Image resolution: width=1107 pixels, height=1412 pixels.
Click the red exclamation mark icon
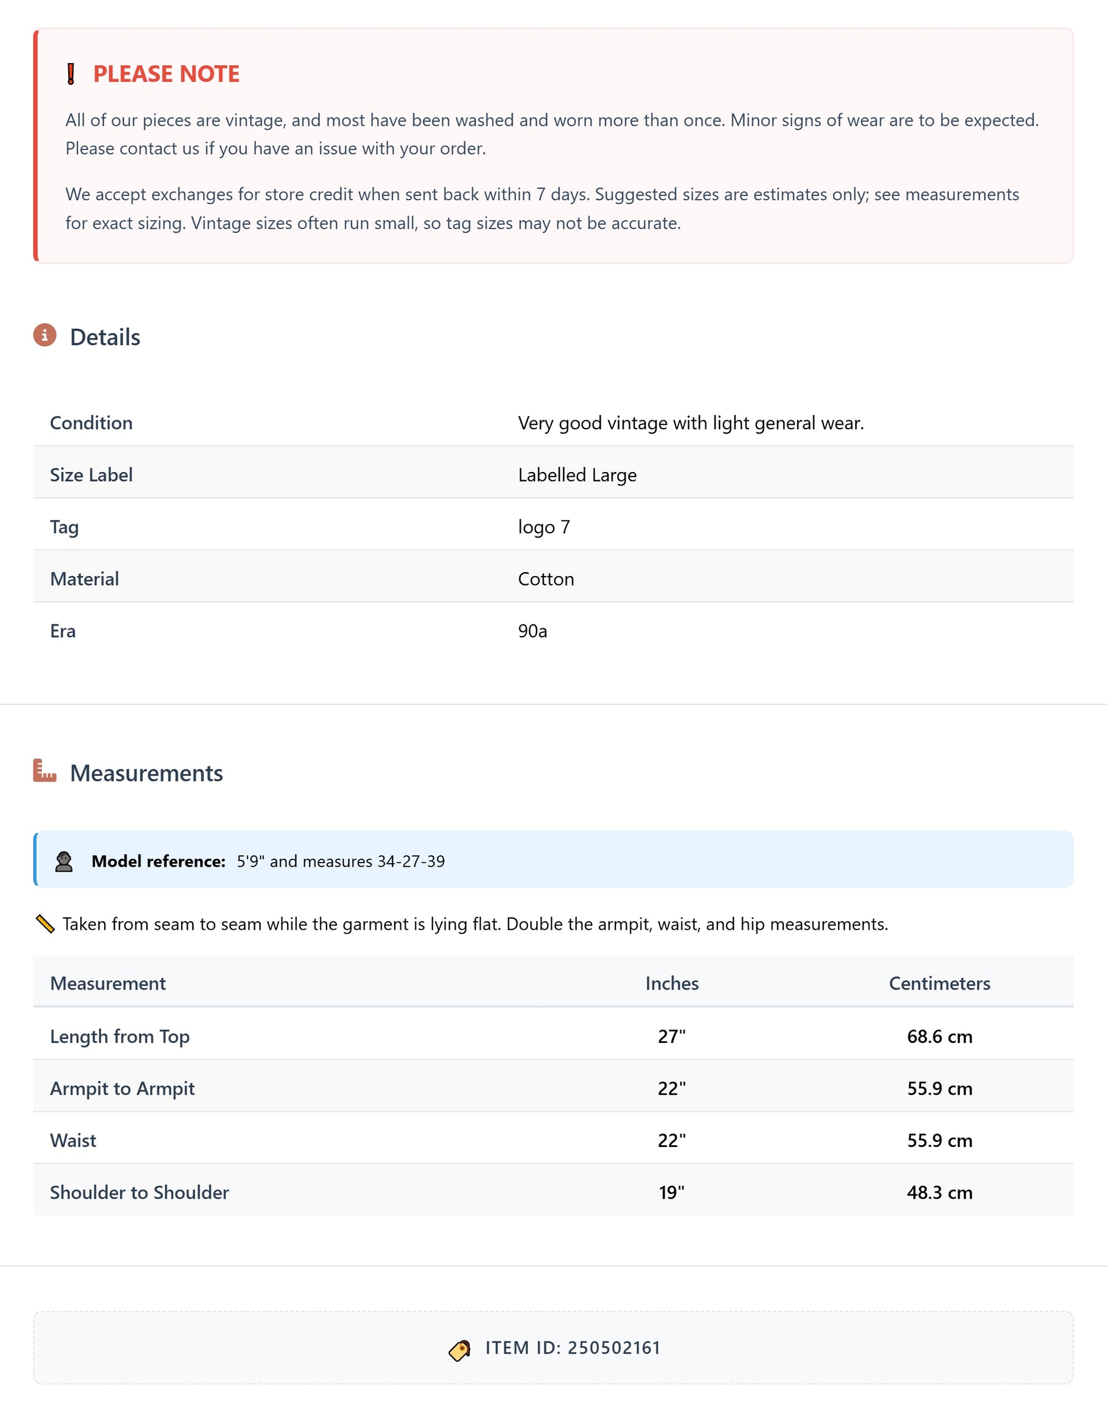click(x=71, y=74)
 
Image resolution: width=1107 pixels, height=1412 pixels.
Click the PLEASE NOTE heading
click(x=166, y=74)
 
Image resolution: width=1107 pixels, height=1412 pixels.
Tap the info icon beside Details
click(x=45, y=335)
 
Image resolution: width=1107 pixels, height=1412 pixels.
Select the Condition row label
click(x=92, y=423)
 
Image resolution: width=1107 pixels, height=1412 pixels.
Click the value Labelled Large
click(x=577, y=475)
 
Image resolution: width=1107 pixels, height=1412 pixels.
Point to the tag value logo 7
click(x=543, y=527)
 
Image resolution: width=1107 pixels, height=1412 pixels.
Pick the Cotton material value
click(x=546, y=579)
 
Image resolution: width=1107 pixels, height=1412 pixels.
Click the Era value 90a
click(x=532, y=631)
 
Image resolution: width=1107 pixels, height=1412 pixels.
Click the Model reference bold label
click(x=158, y=861)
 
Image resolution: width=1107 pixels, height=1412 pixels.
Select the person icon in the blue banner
click(x=64, y=861)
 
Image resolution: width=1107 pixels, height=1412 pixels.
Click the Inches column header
click(x=671, y=983)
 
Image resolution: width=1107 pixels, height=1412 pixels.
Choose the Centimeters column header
click(x=939, y=983)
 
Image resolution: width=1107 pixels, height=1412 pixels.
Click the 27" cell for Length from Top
click(x=671, y=1036)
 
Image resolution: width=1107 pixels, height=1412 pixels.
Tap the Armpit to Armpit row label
click(x=122, y=1088)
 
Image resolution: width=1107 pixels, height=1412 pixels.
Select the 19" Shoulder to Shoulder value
click(x=671, y=1192)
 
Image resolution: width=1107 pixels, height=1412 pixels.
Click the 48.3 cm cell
click(x=939, y=1192)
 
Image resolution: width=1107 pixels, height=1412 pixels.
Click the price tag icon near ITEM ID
click(x=460, y=1351)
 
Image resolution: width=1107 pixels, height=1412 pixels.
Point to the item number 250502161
click(x=614, y=1348)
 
